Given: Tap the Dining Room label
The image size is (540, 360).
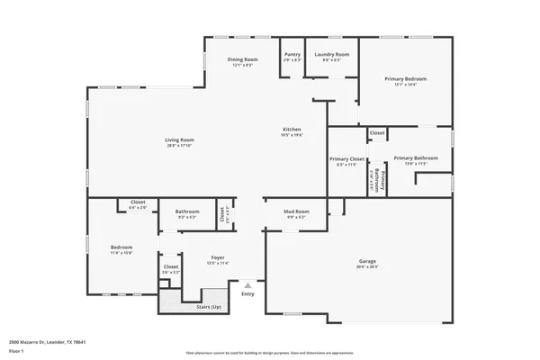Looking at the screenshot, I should (242, 59).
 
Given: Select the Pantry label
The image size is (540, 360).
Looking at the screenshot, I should (292, 54).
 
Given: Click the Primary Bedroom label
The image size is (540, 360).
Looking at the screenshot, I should (405, 79).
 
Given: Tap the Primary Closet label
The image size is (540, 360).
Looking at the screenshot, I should (347, 159).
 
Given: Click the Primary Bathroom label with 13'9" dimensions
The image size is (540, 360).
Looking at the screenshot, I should (409, 158).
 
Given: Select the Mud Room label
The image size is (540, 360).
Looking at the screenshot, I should (297, 211).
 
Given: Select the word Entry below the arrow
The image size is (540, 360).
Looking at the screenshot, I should (248, 293).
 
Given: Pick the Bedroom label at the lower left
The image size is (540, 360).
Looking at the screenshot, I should (121, 247).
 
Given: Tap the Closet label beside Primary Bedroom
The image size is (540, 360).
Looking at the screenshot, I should (377, 133).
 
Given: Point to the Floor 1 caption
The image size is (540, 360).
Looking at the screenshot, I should (16, 351).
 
